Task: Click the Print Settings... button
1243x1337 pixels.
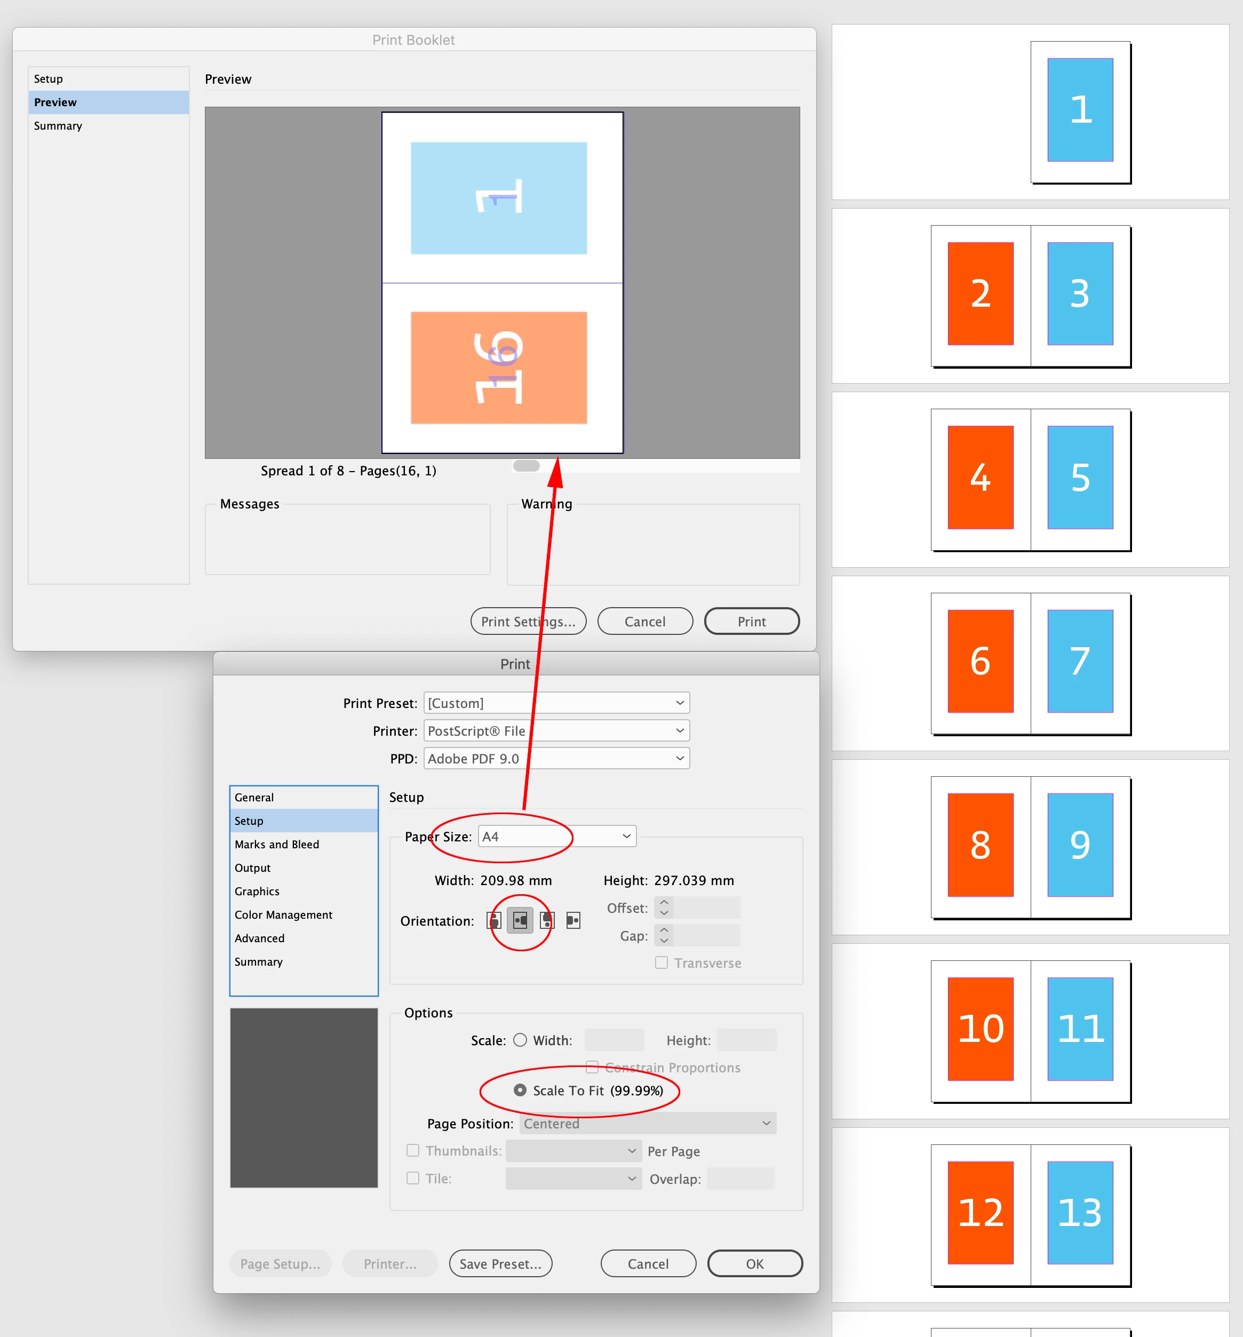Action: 528,622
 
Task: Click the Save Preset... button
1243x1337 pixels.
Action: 500,1264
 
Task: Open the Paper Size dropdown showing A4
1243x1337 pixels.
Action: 557,837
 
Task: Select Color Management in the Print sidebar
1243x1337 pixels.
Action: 283,914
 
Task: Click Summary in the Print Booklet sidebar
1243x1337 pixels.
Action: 58,126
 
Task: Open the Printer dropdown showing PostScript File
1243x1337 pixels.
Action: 557,730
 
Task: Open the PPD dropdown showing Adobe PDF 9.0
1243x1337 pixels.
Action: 557,759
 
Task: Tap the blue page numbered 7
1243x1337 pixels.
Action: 1080,661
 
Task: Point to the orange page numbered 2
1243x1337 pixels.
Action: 980,293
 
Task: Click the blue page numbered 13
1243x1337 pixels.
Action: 1080,1213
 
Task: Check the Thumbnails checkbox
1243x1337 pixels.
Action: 413,1151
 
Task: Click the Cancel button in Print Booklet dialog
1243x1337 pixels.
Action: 645,622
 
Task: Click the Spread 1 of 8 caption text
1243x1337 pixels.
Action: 348,471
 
